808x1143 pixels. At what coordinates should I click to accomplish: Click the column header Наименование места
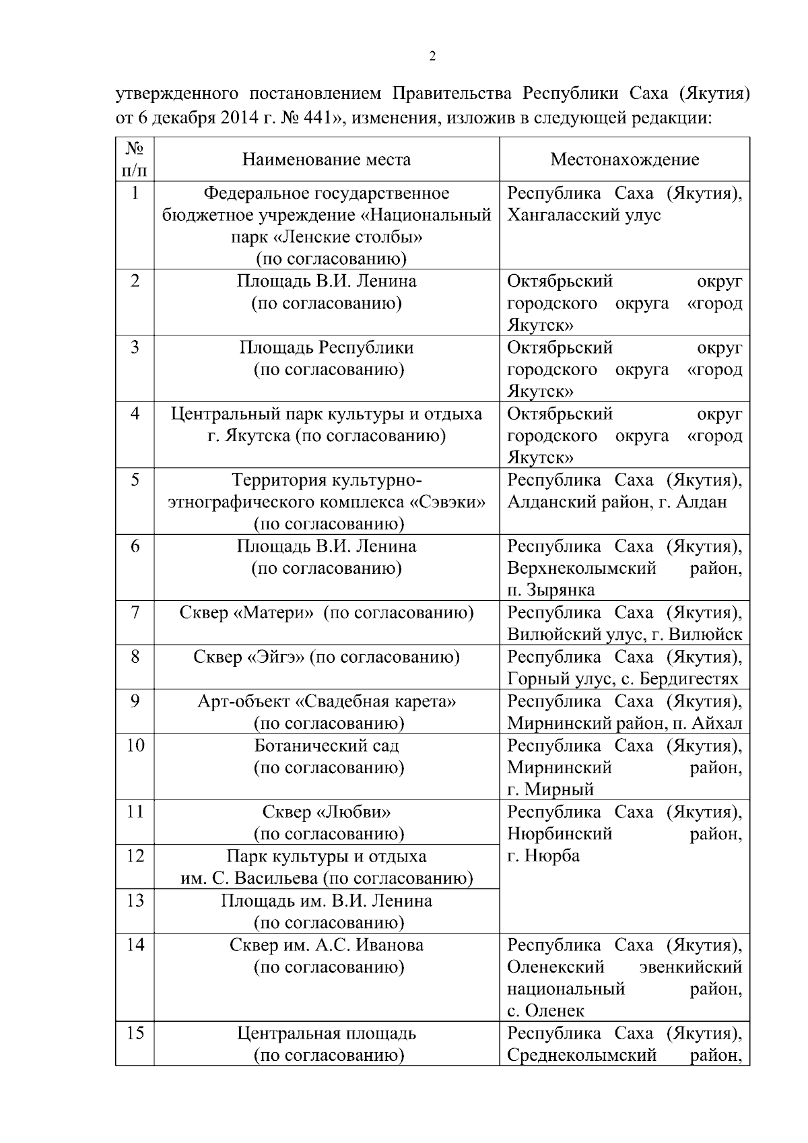point(326,160)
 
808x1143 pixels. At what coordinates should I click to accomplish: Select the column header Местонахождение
point(624,160)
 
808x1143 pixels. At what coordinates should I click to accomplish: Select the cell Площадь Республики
point(326,348)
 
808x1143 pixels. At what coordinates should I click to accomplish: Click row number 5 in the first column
point(135,480)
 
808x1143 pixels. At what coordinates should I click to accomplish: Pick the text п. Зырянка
point(551,591)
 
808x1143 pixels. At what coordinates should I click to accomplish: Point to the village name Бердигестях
point(686,679)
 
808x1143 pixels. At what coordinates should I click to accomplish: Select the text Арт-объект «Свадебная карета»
point(326,702)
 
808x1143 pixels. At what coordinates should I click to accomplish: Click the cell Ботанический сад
point(326,746)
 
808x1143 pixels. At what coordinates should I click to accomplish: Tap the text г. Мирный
point(550,789)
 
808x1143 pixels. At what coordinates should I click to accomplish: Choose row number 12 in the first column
point(135,856)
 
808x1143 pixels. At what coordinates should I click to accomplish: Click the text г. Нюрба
point(543,856)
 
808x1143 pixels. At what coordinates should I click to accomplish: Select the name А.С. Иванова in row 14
point(369,945)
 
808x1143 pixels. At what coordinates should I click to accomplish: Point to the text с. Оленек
point(545,1011)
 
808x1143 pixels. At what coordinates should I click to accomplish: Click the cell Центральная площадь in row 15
point(326,1033)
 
